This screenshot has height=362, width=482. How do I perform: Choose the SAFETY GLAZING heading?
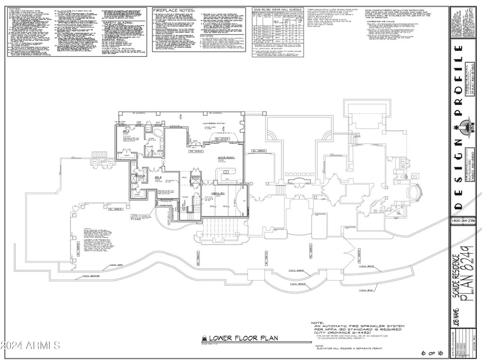tap(117, 22)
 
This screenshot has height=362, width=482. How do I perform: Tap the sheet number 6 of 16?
tap(432, 353)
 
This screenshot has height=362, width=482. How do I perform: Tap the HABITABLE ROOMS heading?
tap(115, 48)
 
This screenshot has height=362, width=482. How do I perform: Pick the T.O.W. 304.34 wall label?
tap(89, 276)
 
